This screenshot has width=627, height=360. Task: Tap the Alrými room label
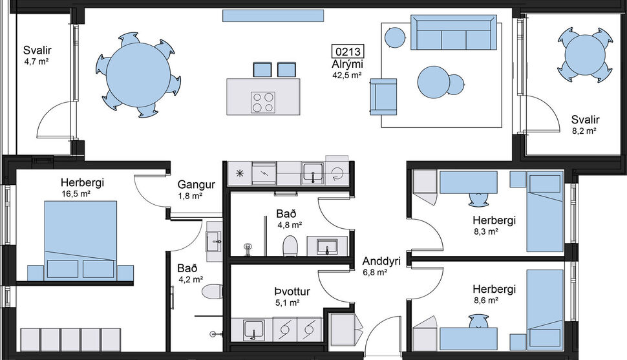pyautogui.click(x=347, y=65)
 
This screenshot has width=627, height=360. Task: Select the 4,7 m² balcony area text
pyautogui.click(x=37, y=61)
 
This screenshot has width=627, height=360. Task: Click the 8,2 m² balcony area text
pyautogui.click(x=585, y=130)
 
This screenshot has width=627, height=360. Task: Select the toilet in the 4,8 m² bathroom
pyautogui.click(x=290, y=246)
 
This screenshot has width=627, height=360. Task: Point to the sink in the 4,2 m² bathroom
pyautogui.click(x=213, y=243)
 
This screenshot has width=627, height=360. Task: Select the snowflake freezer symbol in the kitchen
pyautogui.click(x=239, y=173)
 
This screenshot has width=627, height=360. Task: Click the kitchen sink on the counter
pyautogui.click(x=313, y=173)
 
